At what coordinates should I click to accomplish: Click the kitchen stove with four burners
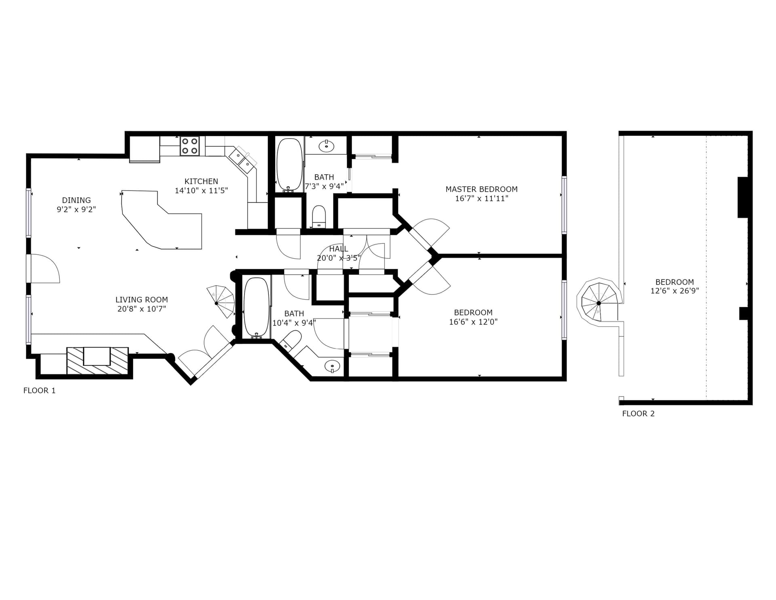click(190, 146)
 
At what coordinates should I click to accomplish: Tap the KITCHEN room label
click(201, 182)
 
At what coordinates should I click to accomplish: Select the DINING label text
click(76, 200)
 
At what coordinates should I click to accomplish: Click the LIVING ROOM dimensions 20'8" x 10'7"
click(141, 309)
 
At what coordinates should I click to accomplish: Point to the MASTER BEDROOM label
click(481, 189)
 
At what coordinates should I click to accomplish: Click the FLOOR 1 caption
click(40, 391)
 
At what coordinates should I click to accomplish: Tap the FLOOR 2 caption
click(638, 414)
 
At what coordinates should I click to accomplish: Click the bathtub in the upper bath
click(289, 165)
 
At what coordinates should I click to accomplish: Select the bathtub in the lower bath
click(256, 308)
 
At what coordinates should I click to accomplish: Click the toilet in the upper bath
click(319, 216)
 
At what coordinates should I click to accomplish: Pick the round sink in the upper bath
click(326, 146)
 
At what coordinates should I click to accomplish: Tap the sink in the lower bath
click(332, 366)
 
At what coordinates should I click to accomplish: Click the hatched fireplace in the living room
click(97, 361)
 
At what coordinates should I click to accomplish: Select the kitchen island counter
click(162, 220)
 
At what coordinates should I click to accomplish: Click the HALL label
click(339, 249)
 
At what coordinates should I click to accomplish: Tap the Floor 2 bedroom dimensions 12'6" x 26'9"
click(675, 291)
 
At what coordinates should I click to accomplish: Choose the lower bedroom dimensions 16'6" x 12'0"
click(473, 322)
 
